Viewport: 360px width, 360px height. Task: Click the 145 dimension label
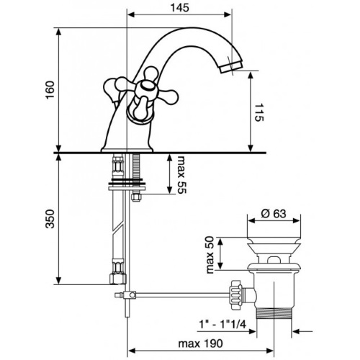180,8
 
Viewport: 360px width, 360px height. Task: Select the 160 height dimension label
50,90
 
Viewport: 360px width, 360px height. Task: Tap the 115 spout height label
259,112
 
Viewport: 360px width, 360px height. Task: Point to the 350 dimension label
50,219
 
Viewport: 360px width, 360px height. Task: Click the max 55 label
181,174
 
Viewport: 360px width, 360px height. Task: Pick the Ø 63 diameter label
274,213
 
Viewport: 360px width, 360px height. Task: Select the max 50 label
210,255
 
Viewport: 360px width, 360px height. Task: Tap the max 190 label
200,343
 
